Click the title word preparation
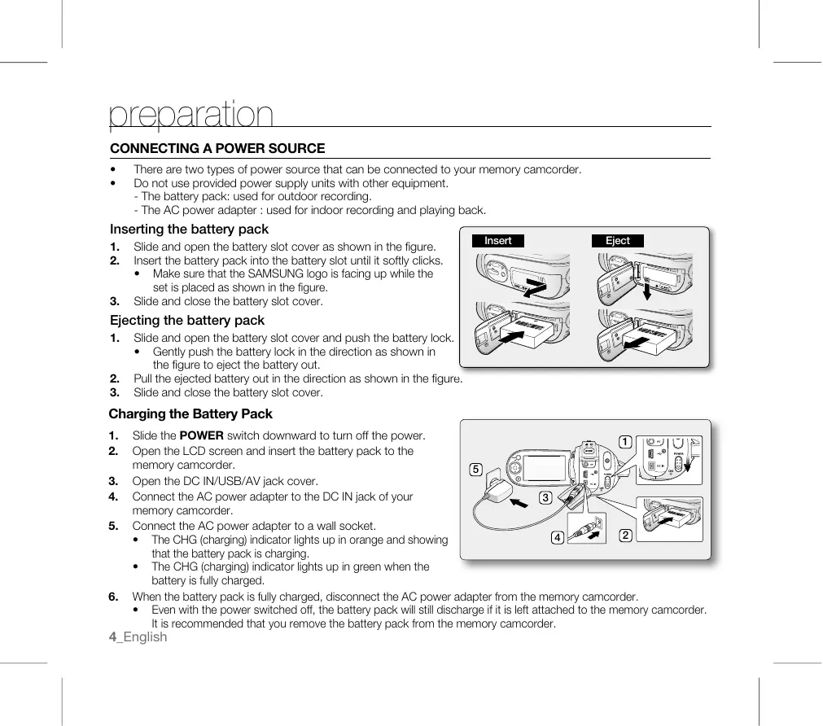(x=191, y=116)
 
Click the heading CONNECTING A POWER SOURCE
(x=217, y=149)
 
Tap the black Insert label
(x=498, y=241)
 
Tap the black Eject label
(x=618, y=241)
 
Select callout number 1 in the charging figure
(x=624, y=442)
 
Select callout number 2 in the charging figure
(x=624, y=536)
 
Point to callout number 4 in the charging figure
(x=557, y=538)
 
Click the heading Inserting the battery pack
(x=189, y=230)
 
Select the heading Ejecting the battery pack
(x=187, y=321)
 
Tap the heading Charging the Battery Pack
(x=190, y=414)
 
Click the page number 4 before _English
(x=113, y=637)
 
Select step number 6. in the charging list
(x=115, y=597)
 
